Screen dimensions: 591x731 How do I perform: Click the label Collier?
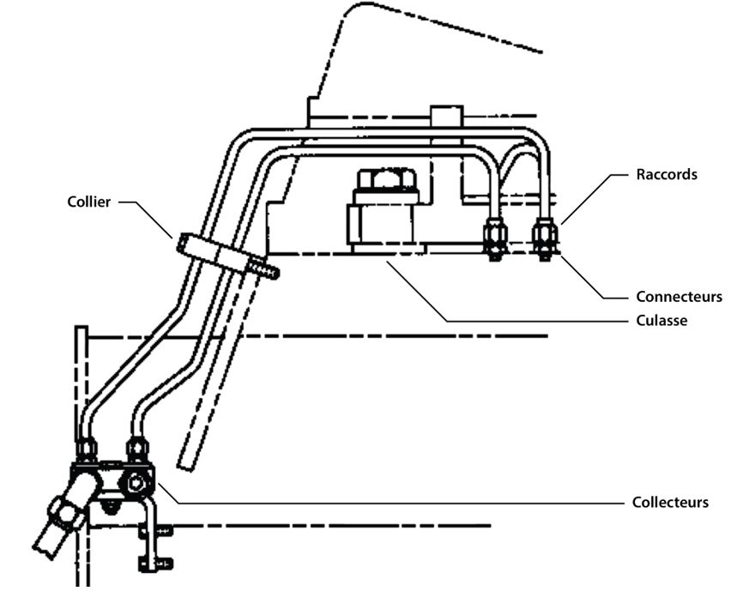[x=88, y=202]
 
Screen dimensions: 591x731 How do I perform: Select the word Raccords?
[x=666, y=175]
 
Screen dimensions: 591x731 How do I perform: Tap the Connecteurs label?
[x=679, y=297]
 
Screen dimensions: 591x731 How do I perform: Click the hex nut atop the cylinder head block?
[x=384, y=179]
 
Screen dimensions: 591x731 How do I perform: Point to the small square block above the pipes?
[x=446, y=117]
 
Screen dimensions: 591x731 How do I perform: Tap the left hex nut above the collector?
[x=87, y=449]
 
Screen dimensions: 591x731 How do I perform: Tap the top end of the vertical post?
[x=81, y=331]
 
